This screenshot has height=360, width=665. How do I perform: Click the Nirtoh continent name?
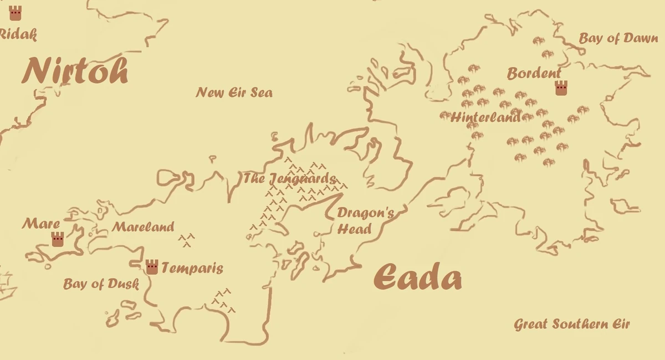(x=75, y=71)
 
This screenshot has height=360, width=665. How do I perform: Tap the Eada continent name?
(x=417, y=277)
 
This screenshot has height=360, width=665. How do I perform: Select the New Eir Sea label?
(x=234, y=92)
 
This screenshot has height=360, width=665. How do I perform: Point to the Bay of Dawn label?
(x=618, y=38)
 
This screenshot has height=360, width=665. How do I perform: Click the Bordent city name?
(x=534, y=73)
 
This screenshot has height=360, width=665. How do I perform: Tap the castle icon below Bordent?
(x=561, y=88)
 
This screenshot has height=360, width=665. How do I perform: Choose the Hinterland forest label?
(x=486, y=117)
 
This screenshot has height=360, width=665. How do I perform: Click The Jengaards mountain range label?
(x=289, y=179)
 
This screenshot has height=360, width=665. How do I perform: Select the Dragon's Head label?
(x=366, y=220)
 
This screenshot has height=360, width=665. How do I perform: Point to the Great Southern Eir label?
(x=572, y=324)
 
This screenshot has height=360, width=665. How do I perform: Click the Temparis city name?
(x=192, y=269)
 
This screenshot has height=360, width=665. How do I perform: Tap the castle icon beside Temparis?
(x=152, y=267)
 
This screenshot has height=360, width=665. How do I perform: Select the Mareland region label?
(x=143, y=227)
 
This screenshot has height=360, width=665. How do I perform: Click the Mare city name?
(x=41, y=224)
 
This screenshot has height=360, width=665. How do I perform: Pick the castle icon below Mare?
(x=58, y=239)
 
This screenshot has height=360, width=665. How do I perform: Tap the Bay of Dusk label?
(x=100, y=284)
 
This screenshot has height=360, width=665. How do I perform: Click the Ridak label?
(x=18, y=34)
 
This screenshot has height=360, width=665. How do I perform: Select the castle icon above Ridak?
(x=15, y=13)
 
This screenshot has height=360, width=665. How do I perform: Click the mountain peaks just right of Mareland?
(x=187, y=240)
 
